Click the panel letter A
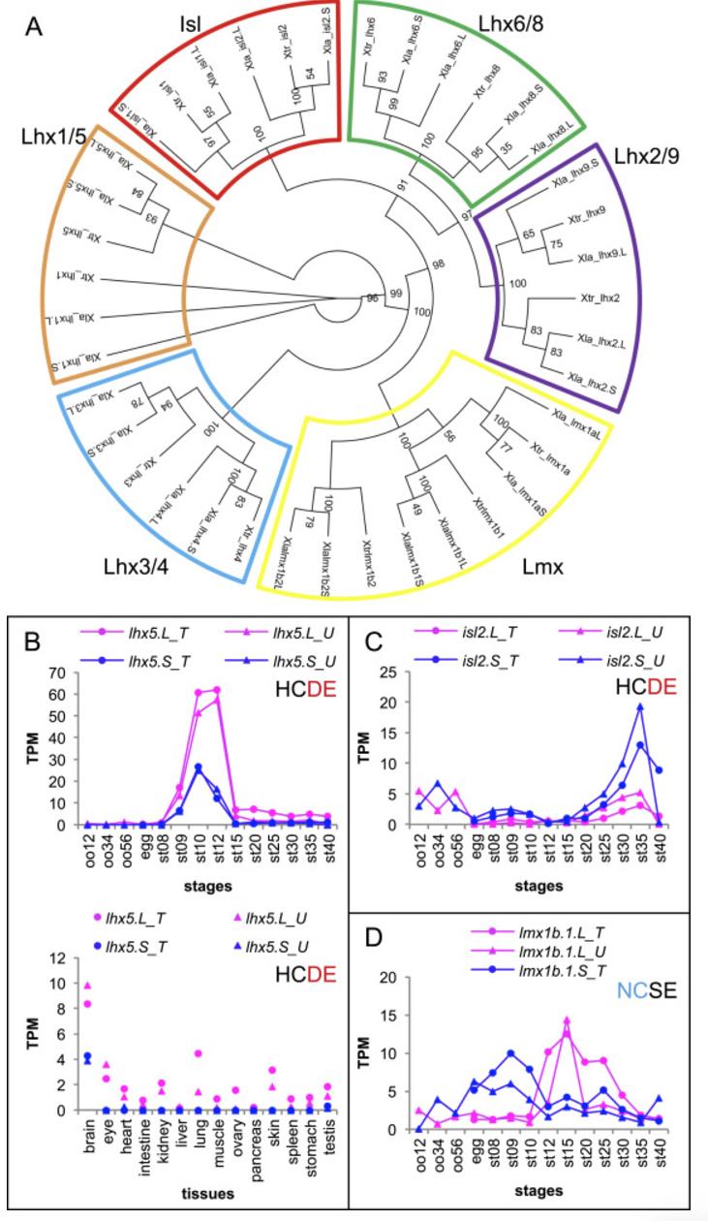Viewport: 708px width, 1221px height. [x=34, y=27]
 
